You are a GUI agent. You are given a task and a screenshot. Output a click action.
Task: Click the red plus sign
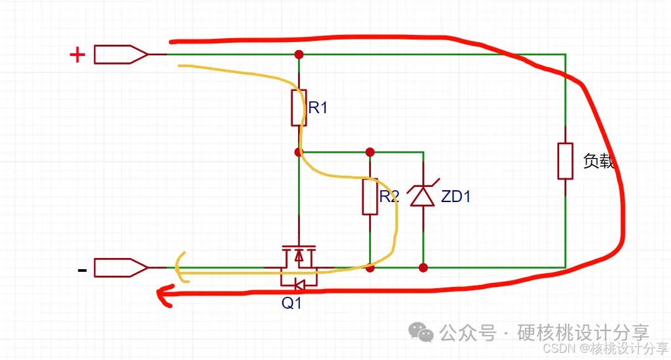point(78,55)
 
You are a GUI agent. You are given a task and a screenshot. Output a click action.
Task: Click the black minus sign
point(82,269)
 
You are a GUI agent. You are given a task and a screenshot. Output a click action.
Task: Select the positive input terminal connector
point(121,54)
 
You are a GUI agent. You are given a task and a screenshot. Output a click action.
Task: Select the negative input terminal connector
point(121,268)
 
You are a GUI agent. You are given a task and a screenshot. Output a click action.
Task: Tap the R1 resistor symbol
point(299,108)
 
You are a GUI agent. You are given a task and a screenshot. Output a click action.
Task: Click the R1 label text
point(318,108)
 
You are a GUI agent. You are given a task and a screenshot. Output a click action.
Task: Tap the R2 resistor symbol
point(370,196)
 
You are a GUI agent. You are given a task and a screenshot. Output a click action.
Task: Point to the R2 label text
point(389,196)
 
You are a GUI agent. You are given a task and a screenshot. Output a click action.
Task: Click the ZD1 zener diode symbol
point(422,195)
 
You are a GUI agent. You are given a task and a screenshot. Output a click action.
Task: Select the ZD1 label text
point(455,196)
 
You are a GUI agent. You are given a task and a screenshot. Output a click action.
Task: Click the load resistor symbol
point(565,161)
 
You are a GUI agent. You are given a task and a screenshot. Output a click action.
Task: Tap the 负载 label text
point(599,161)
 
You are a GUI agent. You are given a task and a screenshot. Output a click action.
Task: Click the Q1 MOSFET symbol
point(299,267)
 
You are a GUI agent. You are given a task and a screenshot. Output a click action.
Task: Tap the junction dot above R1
point(299,54)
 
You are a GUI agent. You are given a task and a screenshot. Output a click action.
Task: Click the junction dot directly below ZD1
point(423,268)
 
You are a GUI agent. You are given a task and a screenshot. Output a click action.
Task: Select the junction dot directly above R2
point(370,152)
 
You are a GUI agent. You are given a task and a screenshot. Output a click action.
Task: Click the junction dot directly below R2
point(370,268)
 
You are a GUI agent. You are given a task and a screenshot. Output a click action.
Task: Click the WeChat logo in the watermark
point(421,332)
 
